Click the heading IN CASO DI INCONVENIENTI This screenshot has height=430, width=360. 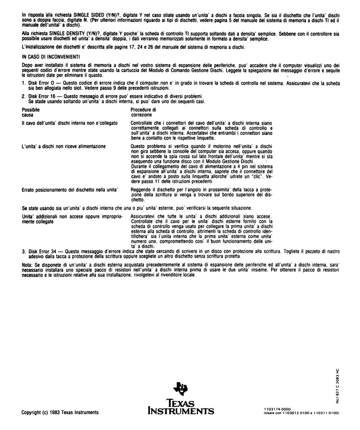tap(51, 57)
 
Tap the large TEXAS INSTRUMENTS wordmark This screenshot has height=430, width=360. tap(181, 407)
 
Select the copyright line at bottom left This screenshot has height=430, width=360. tap(60, 412)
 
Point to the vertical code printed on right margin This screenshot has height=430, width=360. tap(337, 386)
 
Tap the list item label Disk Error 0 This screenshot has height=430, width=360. tap(41, 83)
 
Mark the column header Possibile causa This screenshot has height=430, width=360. tap(31, 112)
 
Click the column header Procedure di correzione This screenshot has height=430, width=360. tap(143, 112)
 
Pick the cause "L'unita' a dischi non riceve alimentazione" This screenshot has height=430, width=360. tap(64, 146)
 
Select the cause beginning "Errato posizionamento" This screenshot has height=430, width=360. tap(70, 189)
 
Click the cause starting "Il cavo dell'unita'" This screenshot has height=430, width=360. tap(70, 123)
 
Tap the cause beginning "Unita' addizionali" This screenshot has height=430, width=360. tap(72, 219)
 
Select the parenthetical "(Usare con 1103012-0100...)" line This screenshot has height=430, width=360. tap(302, 413)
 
